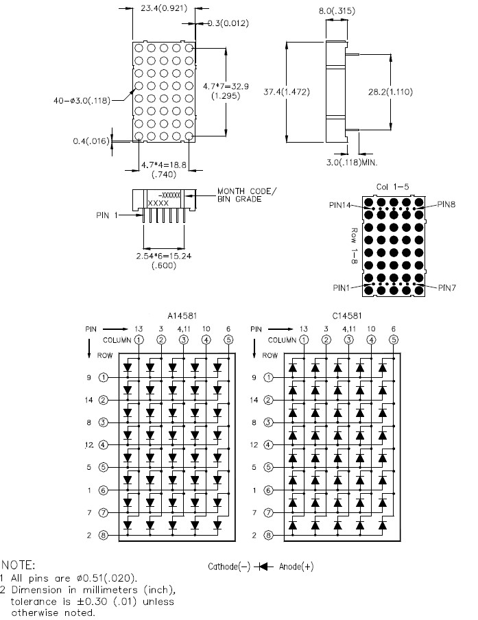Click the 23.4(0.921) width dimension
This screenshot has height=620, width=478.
coord(164,8)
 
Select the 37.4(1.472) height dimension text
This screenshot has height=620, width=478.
coord(287,92)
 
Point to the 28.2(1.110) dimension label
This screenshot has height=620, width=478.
coord(390,92)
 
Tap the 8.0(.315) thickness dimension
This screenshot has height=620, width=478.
coord(337,11)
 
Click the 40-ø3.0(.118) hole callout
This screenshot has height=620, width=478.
coord(82,100)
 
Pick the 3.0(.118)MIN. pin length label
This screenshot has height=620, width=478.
coord(352,162)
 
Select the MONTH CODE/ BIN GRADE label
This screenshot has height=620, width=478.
coord(247,195)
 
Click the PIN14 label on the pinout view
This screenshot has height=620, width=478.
coord(340,205)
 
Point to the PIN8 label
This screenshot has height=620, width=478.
coord(446,204)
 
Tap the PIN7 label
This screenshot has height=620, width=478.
coord(447,288)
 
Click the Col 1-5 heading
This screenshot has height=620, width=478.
coord(392,187)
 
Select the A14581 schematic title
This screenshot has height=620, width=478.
coord(182,316)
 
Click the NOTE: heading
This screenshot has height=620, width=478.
coord(19,564)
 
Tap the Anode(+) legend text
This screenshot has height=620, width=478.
coord(296,567)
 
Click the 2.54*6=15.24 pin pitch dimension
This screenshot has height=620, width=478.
coord(164,257)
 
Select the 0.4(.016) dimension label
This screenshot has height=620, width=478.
coord(91,141)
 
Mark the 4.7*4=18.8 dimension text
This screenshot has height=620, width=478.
coord(164,165)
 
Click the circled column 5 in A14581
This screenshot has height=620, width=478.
coord(228,339)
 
